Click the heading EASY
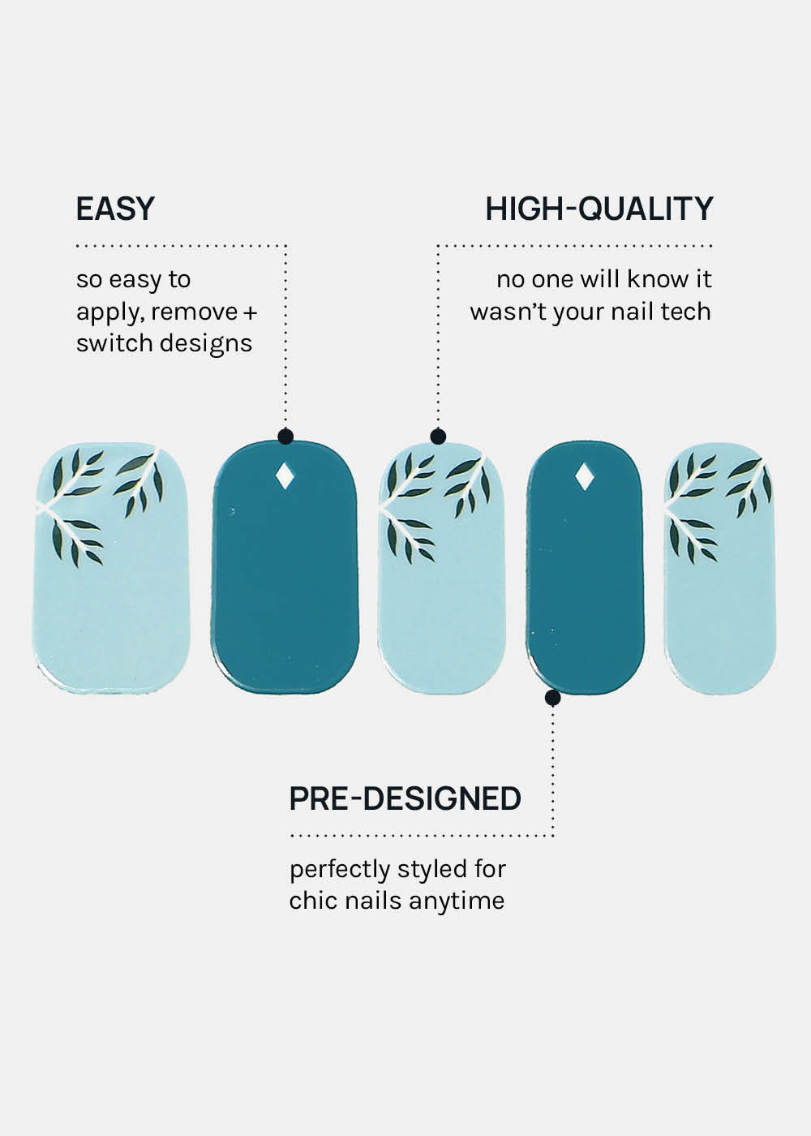coord(115,209)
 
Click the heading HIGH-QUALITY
coord(599,209)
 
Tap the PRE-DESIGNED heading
coord(405,798)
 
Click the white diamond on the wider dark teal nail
coord(285,477)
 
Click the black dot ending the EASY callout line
coord(285,437)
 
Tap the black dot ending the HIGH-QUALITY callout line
coord(438,437)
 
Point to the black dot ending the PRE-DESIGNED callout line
coord(552,698)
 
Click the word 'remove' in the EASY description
coord(194,312)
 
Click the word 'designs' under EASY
coord(206,344)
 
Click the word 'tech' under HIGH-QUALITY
coord(686,311)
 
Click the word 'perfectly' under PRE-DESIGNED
coord(340,870)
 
